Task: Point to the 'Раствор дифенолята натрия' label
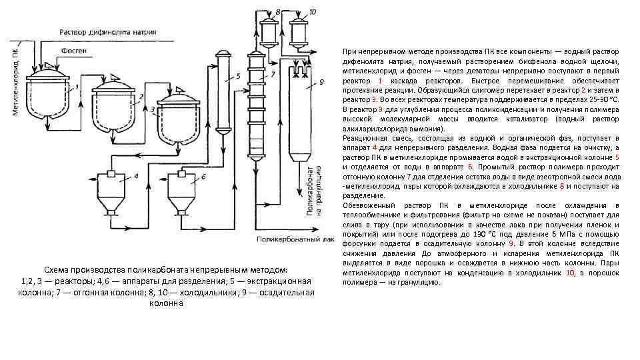[107, 31]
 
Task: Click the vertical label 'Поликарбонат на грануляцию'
[315, 189]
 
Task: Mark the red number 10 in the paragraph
[570, 273]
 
